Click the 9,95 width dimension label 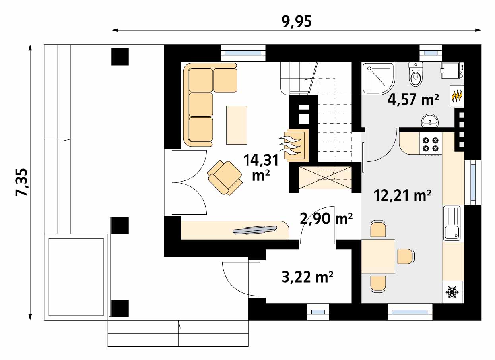pyautogui.click(x=296, y=22)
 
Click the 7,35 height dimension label pyautogui.click(x=21, y=182)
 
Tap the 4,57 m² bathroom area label pyautogui.click(x=413, y=100)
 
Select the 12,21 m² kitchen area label pyautogui.click(x=402, y=195)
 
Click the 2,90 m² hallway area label pyautogui.click(x=326, y=219)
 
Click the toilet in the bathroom pyautogui.click(x=415, y=74)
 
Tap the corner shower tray pyautogui.click(x=379, y=79)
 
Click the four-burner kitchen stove pyautogui.click(x=431, y=144)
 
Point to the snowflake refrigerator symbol pyautogui.click(x=453, y=292)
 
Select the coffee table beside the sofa pyautogui.click(x=237, y=125)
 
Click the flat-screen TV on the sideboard pyautogui.click(x=255, y=230)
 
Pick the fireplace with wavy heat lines pyautogui.click(x=294, y=145)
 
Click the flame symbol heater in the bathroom pyautogui.click(x=457, y=96)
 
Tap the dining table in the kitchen pyautogui.click(x=378, y=256)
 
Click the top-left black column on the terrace pyautogui.click(x=120, y=56)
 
